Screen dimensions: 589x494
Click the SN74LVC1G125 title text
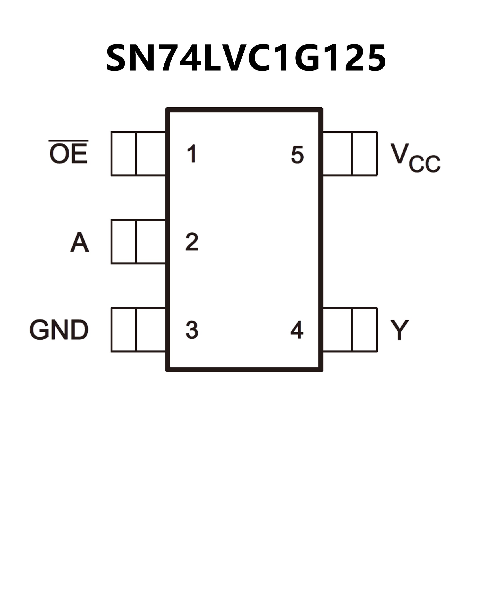click(246, 58)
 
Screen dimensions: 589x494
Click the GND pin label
click(59, 330)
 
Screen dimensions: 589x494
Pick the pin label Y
click(399, 330)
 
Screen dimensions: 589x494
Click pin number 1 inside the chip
click(192, 154)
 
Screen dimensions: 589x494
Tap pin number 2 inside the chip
click(192, 242)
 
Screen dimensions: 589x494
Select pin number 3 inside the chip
click(192, 330)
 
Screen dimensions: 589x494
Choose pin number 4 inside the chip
click(297, 330)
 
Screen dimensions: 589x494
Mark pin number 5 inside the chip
click(297, 155)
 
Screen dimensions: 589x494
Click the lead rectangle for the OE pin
click(138, 154)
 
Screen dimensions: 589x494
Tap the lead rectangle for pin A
click(138, 242)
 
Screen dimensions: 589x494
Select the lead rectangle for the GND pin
click(138, 330)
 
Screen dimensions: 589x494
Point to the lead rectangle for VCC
click(350, 154)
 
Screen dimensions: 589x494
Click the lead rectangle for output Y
click(350, 330)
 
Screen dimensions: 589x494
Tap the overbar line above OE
click(68, 141)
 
